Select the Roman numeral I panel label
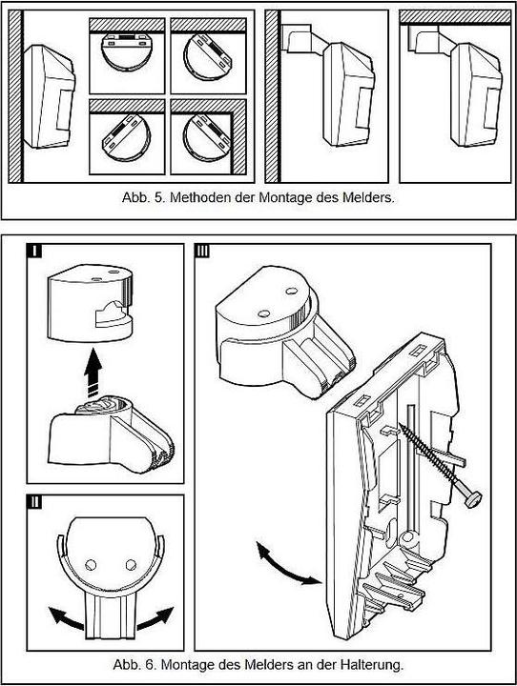tap(34, 252)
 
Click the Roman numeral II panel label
tap(34, 501)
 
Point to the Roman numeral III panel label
tap(202, 252)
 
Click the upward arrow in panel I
tap(93, 372)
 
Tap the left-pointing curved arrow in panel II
tap(66, 617)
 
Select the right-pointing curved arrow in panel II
tap(156, 617)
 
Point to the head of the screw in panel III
tap(473, 499)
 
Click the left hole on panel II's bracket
tap(91, 565)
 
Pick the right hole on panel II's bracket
tap(131, 565)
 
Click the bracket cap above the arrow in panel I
tap(90, 303)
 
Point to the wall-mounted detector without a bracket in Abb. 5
tap(49, 96)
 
